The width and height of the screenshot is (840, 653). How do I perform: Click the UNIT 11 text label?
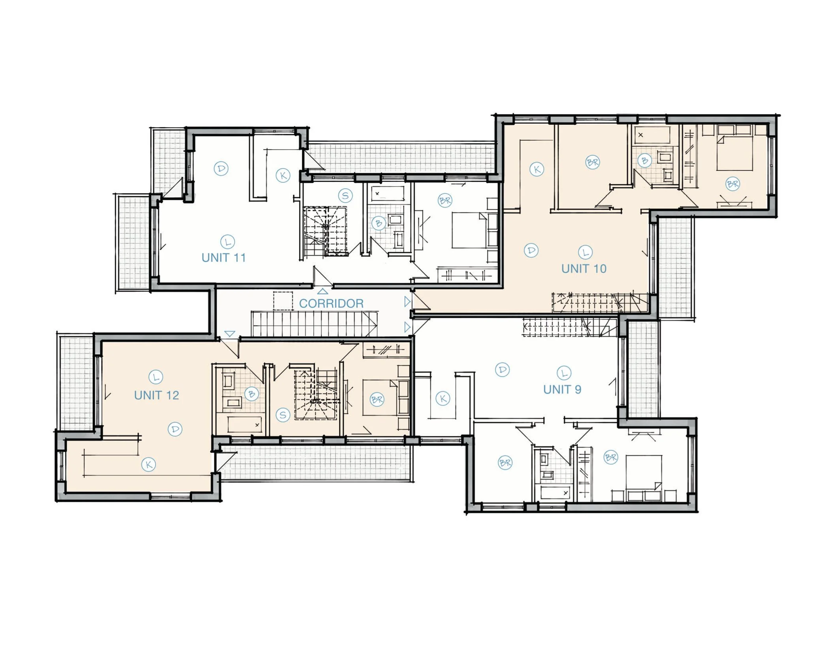[224, 258]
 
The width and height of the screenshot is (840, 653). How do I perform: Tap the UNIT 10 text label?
[584, 269]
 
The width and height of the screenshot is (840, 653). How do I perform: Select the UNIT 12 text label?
[156, 395]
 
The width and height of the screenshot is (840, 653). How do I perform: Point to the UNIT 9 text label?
[562, 390]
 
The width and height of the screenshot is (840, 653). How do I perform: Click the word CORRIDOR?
[331, 304]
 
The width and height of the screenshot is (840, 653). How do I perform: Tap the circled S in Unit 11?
[345, 196]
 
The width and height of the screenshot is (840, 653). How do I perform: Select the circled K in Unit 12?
[149, 465]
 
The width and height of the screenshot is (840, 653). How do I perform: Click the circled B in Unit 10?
[645, 161]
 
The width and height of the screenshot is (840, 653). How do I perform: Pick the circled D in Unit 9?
[502, 370]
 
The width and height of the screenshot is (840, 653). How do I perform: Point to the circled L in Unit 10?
[585, 252]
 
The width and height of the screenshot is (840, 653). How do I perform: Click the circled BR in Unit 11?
[445, 201]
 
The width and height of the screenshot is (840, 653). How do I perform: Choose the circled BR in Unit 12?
[377, 400]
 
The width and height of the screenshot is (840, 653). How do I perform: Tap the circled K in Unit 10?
[537, 169]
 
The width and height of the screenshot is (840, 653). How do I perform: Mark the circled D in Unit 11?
[221, 169]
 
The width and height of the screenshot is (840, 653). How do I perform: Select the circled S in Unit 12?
[283, 415]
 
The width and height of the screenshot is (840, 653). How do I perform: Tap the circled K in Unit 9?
[443, 398]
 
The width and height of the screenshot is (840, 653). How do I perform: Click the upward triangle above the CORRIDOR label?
[323, 291]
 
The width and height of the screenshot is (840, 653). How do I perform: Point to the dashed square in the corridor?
[283, 301]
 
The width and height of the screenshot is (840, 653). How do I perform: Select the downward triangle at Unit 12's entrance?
[230, 334]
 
